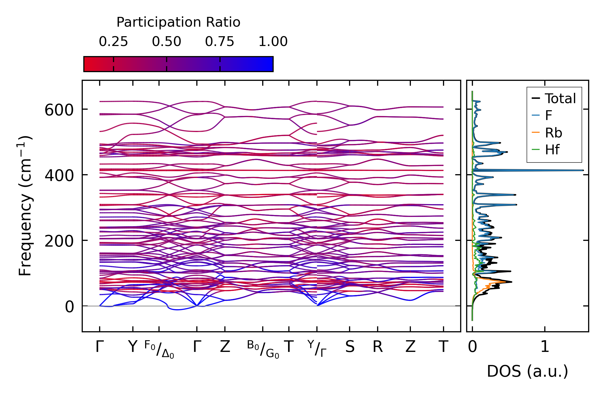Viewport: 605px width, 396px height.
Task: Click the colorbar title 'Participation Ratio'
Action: tap(178, 22)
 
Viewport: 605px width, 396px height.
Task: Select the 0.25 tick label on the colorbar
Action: tap(113, 42)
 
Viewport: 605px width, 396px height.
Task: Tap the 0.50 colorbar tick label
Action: tap(166, 42)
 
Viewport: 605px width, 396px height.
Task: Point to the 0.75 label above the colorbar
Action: tap(219, 42)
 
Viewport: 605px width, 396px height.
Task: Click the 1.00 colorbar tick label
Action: tap(273, 42)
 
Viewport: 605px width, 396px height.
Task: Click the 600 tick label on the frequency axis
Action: tap(59, 110)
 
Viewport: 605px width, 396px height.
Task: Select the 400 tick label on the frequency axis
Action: tap(59, 176)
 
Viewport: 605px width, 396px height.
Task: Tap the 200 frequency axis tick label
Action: tap(59, 241)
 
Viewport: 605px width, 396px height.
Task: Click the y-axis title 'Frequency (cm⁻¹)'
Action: tap(25, 205)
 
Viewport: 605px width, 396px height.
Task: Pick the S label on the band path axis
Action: tap(350, 347)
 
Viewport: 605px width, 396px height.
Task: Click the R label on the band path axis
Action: tap(378, 347)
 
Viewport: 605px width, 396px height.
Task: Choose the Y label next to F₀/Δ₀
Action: tap(133, 347)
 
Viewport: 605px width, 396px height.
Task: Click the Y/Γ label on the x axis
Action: tap(317, 348)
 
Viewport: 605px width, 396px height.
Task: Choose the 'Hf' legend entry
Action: tap(552, 150)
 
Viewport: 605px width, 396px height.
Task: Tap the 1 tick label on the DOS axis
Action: tap(545, 347)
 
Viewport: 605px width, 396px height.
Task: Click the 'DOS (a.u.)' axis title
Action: tap(527, 372)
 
